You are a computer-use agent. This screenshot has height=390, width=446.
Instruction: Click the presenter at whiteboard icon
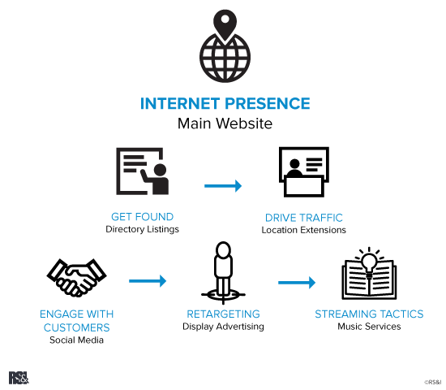click(x=143, y=171)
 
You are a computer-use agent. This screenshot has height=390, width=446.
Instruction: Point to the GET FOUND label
click(x=143, y=217)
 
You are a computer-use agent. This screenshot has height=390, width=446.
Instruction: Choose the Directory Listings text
click(x=143, y=229)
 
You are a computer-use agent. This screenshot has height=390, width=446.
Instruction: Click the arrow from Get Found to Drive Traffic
click(x=223, y=186)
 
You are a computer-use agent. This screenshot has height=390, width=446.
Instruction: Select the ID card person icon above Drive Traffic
click(x=303, y=172)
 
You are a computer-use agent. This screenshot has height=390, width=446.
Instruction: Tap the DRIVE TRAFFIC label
click(x=303, y=218)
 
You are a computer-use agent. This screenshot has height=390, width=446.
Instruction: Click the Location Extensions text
click(x=303, y=230)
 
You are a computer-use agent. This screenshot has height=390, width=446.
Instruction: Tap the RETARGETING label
click(x=223, y=314)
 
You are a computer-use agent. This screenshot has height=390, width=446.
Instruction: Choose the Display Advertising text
click(x=223, y=327)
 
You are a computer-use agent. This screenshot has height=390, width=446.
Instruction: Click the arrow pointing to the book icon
click(x=296, y=283)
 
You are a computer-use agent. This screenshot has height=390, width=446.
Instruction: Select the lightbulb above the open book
click(x=369, y=262)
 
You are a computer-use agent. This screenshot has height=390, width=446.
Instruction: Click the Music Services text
click(x=369, y=327)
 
